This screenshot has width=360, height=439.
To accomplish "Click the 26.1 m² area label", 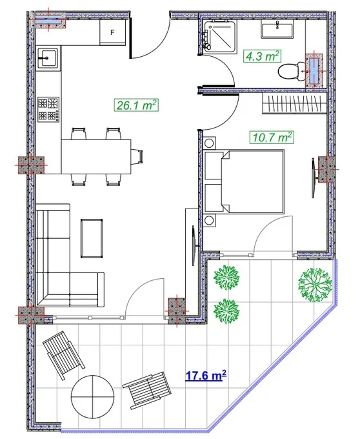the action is [x=137, y=105].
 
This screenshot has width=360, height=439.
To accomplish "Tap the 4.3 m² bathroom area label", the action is [x=262, y=56].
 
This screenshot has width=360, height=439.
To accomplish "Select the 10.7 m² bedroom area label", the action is [x=272, y=138].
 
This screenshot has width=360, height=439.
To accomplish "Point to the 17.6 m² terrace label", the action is [x=206, y=375].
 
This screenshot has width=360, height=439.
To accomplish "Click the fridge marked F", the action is [x=113, y=32].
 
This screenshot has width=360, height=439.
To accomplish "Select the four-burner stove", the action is [x=48, y=110].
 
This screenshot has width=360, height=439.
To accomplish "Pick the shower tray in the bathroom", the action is [x=219, y=36].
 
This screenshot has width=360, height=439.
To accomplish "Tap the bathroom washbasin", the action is [x=277, y=29].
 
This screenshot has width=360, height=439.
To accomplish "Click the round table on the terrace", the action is [x=93, y=397].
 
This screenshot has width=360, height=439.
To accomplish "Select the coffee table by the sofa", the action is [x=92, y=238].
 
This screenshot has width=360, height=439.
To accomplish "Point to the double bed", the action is [x=245, y=182].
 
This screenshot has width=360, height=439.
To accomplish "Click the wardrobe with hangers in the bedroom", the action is [x=295, y=103].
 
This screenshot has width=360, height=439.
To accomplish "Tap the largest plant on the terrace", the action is [x=315, y=285].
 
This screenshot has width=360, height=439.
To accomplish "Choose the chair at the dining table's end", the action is [x=137, y=156].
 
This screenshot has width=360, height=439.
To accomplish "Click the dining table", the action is [x=96, y=156].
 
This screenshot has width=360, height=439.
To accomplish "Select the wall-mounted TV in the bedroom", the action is [x=314, y=178].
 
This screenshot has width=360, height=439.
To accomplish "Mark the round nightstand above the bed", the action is [x=209, y=143].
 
